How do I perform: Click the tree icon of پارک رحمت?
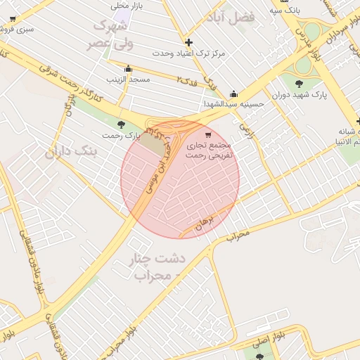tap(122, 124)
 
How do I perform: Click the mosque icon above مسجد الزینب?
tap(128, 69)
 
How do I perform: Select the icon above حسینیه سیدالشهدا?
tap(233, 94)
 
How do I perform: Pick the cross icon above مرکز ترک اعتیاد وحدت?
tap(188, 42)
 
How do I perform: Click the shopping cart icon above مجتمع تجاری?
tap(207, 134)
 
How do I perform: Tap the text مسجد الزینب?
tap(129, 80)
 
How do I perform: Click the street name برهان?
tap(203, 222)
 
